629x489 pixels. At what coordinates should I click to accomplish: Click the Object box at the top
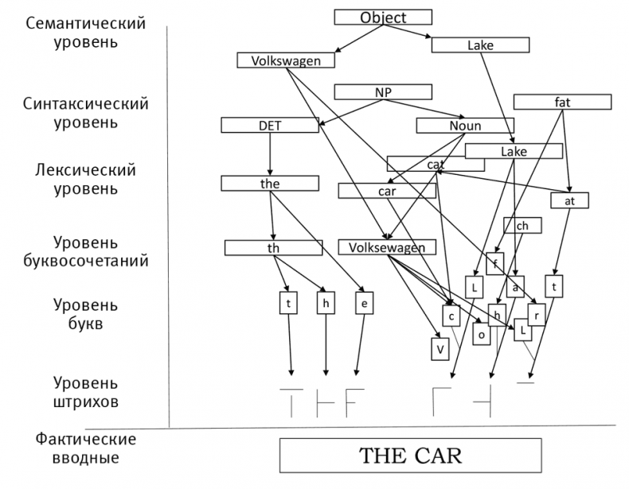pos(383,17)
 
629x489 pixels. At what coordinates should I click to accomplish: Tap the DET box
pos(270,126)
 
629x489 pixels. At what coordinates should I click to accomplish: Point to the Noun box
pos(465,126)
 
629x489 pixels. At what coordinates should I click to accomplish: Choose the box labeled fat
pos(563,102)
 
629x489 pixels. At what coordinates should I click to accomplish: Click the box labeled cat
pos(436,164)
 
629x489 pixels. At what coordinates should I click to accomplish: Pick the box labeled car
pos(386,191)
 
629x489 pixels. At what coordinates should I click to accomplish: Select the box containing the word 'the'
pos(270,184)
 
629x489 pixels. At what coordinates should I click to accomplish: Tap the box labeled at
pos(570,200)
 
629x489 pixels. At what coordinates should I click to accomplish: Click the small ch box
pos(522,226)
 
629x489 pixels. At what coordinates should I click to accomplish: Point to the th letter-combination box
pos(273,248)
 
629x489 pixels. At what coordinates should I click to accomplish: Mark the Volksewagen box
pos(387,247)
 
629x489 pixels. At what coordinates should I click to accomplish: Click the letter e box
pos(363,303)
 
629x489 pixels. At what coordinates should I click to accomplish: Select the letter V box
pos(439,348)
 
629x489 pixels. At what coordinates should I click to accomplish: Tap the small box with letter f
pos(495,263)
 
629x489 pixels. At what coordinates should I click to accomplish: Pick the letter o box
pos(481,335)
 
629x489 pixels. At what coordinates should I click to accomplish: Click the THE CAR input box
pos(411,456)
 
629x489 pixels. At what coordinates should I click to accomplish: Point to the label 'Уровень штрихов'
pos(86,392)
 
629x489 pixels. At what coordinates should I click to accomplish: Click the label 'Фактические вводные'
pos(86,448)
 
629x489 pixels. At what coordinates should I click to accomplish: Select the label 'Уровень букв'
pos(86,315)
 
